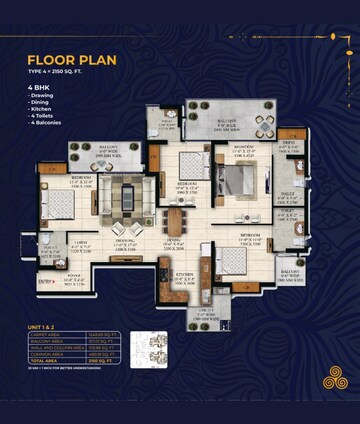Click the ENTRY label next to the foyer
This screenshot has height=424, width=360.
pos(45,282)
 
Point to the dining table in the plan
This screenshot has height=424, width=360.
pos(176,221)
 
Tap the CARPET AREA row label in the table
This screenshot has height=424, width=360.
pos(57,337)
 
